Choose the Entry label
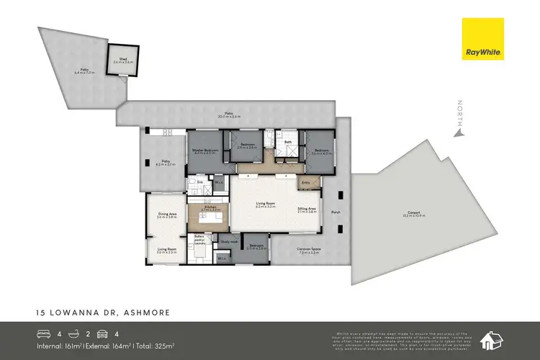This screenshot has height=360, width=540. [x=306, y=182]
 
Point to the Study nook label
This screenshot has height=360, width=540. [x=230, y=241]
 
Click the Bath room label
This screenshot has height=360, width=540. [x=287, y=142]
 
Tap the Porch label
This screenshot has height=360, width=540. [x=335, y=212]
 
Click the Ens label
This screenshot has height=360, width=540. [x=200, y=182]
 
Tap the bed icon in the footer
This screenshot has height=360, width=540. [x=44, y=333]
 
